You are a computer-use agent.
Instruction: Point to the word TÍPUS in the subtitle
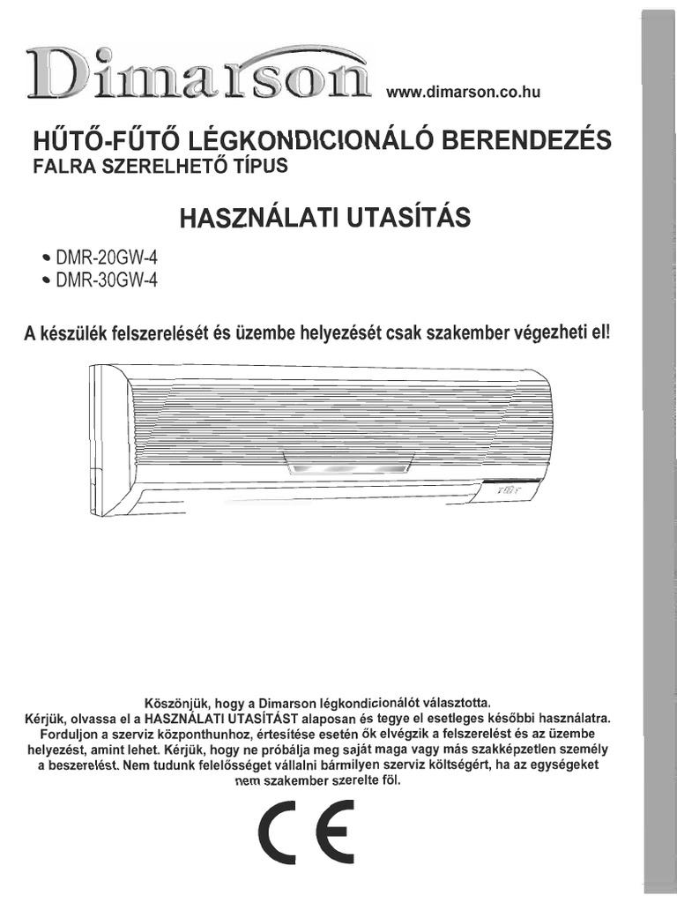click(262, 166)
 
